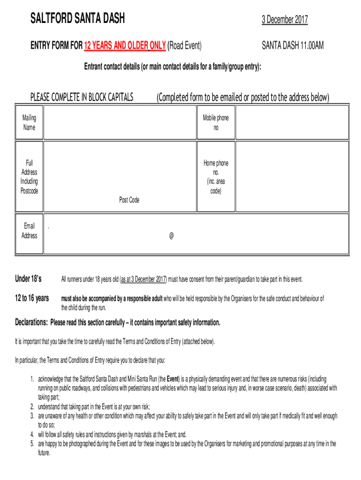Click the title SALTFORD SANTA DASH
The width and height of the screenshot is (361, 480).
[77, 19]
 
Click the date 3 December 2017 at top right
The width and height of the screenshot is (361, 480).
[285, 20]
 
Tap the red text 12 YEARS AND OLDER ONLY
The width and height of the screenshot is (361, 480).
[125, 45]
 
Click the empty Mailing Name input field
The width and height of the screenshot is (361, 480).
[120, 122]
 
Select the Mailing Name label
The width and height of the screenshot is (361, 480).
[29, 122]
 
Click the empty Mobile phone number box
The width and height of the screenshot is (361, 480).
[292, 122]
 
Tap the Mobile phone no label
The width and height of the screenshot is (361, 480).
[216, 122]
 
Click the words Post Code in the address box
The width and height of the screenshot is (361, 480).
[129, 200]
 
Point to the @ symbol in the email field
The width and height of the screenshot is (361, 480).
[172, 236]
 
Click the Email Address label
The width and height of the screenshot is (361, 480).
[29, 231]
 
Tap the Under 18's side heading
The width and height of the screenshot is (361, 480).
[29, 279]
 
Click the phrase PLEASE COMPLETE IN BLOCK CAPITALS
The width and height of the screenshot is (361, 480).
[82, 97]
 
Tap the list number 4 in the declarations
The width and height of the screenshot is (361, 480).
[32, 434]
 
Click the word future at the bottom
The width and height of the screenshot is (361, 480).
[44, 453]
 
